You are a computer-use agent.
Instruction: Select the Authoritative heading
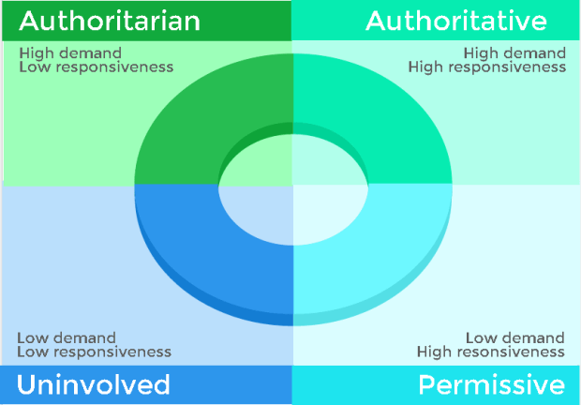456,20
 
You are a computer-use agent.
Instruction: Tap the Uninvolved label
93,384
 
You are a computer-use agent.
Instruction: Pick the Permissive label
491,384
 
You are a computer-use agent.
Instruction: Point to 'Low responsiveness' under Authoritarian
96,67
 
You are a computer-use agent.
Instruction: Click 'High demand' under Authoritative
514,53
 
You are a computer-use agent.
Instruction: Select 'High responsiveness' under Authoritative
486,67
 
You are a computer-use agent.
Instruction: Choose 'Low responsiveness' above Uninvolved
94,352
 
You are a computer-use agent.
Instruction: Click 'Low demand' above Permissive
515,337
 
